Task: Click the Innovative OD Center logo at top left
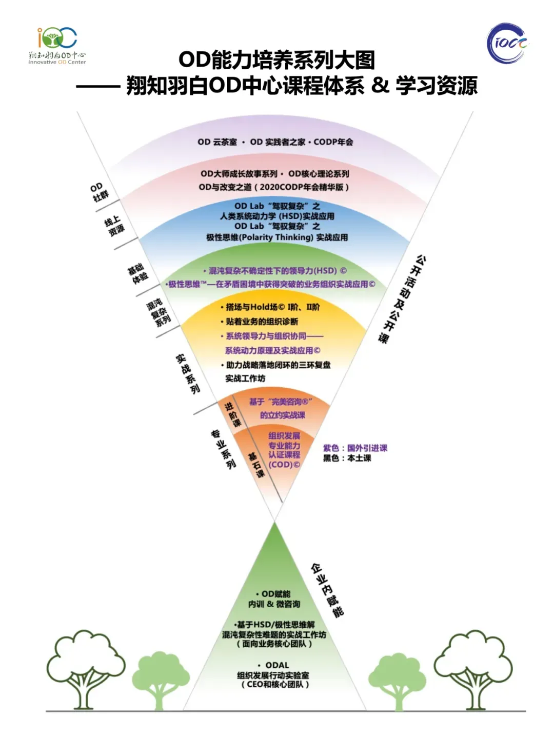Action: coord(57,45)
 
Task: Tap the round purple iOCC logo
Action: coord(507,43)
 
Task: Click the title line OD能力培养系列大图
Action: coord(277,60)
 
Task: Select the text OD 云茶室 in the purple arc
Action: coord(217,142)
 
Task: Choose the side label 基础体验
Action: coord(138,273)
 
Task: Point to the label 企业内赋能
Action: coord(327,590)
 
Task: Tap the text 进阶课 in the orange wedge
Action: coord(232,415)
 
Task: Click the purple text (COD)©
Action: coord(284,465)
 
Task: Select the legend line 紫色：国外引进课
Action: coord(355,448)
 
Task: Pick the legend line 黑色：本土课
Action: coord(347,458)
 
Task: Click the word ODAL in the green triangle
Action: coord(277,665)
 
